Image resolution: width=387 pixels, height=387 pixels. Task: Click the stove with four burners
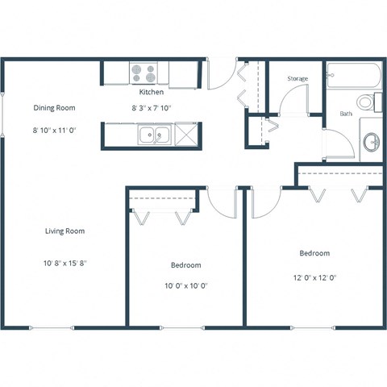coord(144,74)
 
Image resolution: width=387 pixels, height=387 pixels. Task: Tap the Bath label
coord(346,114)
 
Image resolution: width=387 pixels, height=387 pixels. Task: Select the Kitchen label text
coord(152,93)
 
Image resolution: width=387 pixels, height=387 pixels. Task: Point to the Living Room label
coord(64,231)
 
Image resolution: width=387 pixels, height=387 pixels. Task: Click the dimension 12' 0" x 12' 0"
coord(314,277)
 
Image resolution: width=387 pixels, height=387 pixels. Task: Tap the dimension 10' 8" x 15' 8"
coord(64,263)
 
